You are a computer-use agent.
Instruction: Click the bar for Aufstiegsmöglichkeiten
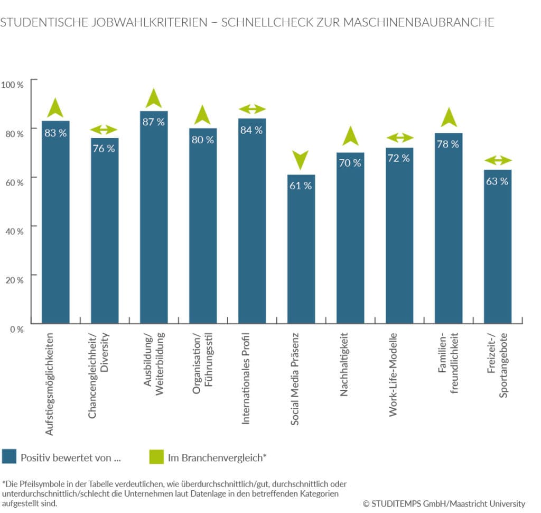pos(56,222)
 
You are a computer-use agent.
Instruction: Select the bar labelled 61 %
pos(301,249)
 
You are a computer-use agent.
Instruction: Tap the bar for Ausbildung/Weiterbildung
pos(154,217)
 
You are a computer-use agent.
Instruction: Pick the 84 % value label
pos(251,130)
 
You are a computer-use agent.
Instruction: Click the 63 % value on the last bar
pos(497,181)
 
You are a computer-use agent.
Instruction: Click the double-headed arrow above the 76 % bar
pos(105,130)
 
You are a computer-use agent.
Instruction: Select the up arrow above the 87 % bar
pos(154,98)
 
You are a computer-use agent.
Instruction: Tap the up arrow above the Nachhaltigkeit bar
pos(350,136)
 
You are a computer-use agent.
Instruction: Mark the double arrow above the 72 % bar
pos(400,138)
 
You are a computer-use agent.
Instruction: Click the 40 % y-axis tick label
pos(13,231)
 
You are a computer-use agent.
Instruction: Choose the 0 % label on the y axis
pos(15,329)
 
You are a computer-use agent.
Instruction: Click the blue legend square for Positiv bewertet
pos(10,457)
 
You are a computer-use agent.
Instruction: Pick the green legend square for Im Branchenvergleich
pos(156,457)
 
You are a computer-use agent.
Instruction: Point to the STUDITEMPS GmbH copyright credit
pos(444,503)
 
